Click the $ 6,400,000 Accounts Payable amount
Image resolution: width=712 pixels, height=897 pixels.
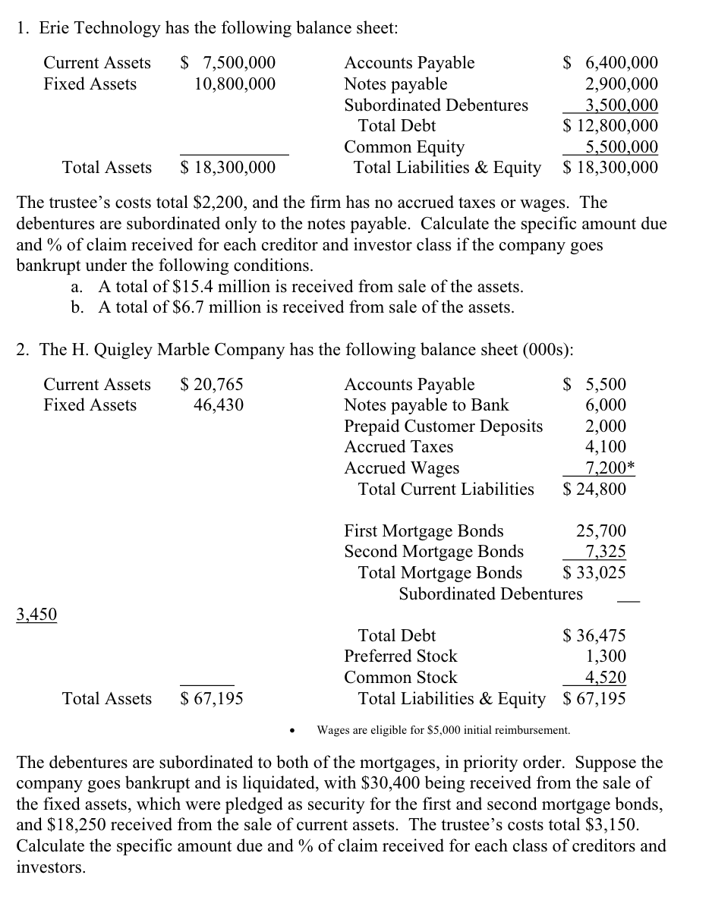(610, 63)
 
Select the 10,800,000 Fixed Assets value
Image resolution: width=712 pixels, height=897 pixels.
(235, 83)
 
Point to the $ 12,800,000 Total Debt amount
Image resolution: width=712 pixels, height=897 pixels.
(610, 125)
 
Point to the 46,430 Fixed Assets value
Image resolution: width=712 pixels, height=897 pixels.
(219, 405)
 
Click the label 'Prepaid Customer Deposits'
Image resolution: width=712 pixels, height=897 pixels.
(443, 426)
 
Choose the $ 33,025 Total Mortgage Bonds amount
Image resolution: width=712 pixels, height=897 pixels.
(594, 572)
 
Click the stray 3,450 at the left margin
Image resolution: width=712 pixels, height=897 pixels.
(36, 614)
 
